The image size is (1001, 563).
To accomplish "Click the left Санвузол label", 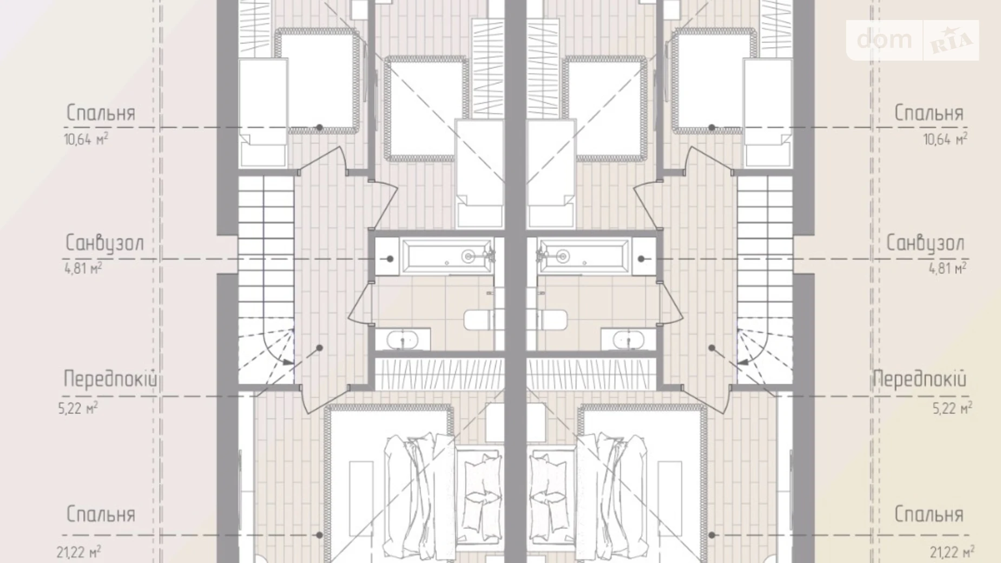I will point(105,244).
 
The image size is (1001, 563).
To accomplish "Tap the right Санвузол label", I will point(925,244).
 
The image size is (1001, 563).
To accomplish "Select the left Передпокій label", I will point(110,379).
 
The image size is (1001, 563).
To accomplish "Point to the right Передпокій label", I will point(919,379).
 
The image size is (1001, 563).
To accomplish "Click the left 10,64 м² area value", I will point(86,140).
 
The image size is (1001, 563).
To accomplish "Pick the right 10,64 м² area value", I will point(945,140).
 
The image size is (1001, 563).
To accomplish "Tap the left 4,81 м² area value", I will point(83,268).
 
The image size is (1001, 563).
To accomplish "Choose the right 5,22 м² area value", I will point(952,408).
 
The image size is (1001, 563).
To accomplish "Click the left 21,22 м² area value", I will point(78,553).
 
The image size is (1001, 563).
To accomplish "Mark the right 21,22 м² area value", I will point(952,553).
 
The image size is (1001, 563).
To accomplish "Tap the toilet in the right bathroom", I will point(552,320).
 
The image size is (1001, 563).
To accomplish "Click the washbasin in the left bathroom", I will point(403,340).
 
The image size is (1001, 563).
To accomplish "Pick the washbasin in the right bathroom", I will point(628,340).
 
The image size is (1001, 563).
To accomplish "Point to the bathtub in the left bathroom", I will point(446,256).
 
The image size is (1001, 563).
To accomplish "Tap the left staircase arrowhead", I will point(288,362).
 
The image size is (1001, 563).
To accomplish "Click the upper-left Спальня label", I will point(101,113).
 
